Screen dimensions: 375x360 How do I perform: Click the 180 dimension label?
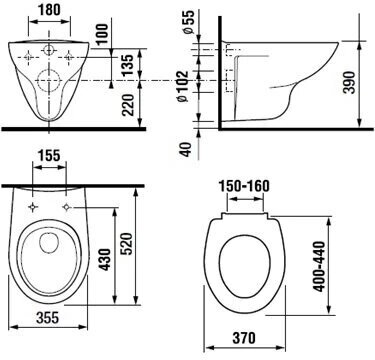49,10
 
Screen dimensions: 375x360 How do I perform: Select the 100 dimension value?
103,34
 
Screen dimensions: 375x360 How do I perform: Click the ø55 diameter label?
188,22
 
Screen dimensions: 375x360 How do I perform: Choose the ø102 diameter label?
183,86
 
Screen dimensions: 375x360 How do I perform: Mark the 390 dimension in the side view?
349,82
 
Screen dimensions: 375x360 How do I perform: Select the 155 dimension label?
49,155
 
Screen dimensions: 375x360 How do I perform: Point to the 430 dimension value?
105,259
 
